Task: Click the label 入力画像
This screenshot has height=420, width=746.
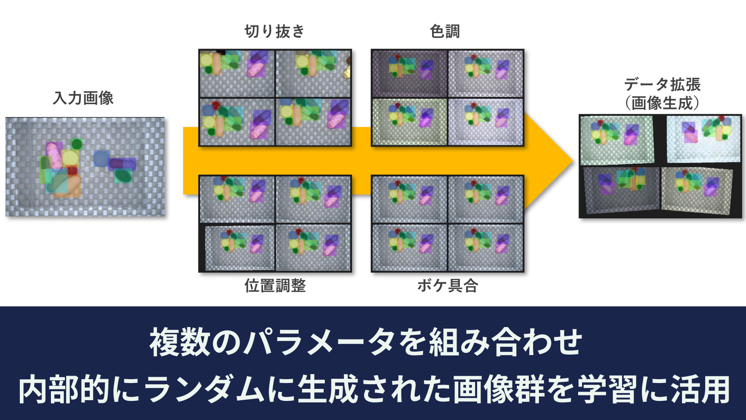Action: [x=83, y=98]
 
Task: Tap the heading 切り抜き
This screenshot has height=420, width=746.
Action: [x=275, y=31]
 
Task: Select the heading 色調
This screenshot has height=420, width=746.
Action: [x=445, y=31]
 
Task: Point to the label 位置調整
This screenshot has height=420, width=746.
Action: [x=275, y=285]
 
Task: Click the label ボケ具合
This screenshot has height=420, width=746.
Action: [x=448, y=285]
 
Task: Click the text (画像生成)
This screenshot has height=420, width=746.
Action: [x=662, y=103]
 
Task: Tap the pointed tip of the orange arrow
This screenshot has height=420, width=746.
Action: [x=573, y=161]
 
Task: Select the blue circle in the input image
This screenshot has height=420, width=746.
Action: [x=101, y=159]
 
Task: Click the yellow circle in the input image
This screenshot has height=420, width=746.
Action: [x=70, y=158]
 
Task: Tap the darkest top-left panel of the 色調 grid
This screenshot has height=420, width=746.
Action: [x=410, y=73]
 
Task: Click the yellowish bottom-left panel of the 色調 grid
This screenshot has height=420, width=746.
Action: [x=410, y=122]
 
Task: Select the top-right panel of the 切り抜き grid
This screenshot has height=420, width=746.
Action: [x=313, y=73]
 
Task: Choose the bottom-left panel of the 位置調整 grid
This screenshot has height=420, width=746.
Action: [x=237, y=248]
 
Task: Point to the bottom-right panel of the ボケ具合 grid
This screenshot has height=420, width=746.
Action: [x=486, y=248]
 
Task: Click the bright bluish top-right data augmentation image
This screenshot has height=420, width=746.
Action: [x=704, y=139]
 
